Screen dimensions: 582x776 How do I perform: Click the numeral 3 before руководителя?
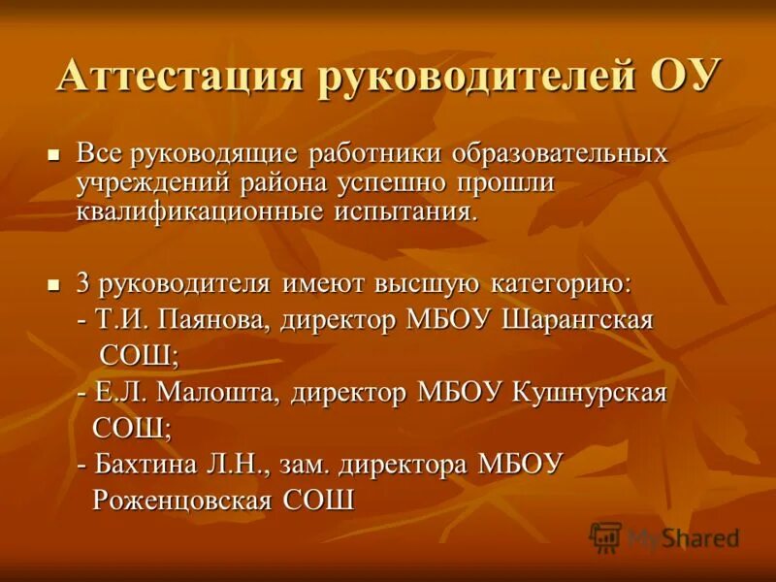click(83, 283)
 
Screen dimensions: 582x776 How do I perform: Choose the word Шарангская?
click(578, 320)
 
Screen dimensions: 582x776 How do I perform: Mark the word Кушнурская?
click(589, 393)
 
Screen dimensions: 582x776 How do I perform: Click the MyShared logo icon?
click(605, 536)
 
